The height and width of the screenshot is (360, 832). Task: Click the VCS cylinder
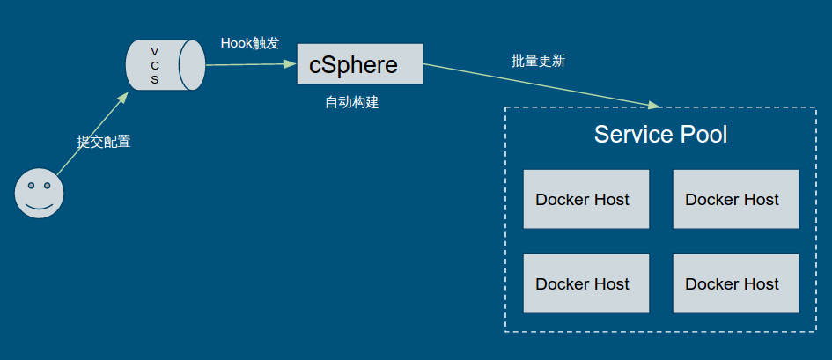(166, 65)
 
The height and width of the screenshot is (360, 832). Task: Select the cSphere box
(359, 64)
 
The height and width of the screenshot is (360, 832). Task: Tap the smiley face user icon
(40, 192)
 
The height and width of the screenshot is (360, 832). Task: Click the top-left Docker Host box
(585, 199)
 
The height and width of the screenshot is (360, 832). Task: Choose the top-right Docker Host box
(735, 199)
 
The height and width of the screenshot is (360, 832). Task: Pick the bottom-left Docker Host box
(585, 283)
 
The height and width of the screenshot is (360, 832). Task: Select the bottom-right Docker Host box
(735, 283)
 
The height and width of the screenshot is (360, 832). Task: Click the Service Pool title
(660, 135)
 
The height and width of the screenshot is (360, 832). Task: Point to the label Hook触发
(249, 43)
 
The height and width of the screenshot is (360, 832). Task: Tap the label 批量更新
(538, 61)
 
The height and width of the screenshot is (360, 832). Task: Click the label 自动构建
(351, 102)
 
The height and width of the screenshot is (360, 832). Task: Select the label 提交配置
(103, 141)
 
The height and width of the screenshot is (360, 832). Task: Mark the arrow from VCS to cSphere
(251, 64)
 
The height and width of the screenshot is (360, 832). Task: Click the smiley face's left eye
(32, 186)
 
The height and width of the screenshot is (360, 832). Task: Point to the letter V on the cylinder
(155, 51)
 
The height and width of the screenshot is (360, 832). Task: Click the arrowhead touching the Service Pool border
(654, 106)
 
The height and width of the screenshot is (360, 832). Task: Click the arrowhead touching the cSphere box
(291, 63)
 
